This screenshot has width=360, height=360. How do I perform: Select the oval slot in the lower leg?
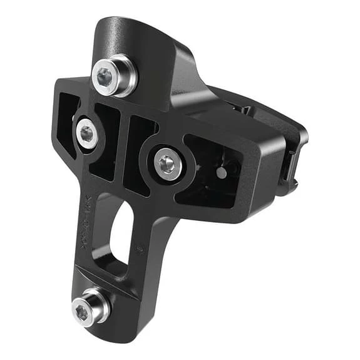click(121, 237)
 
